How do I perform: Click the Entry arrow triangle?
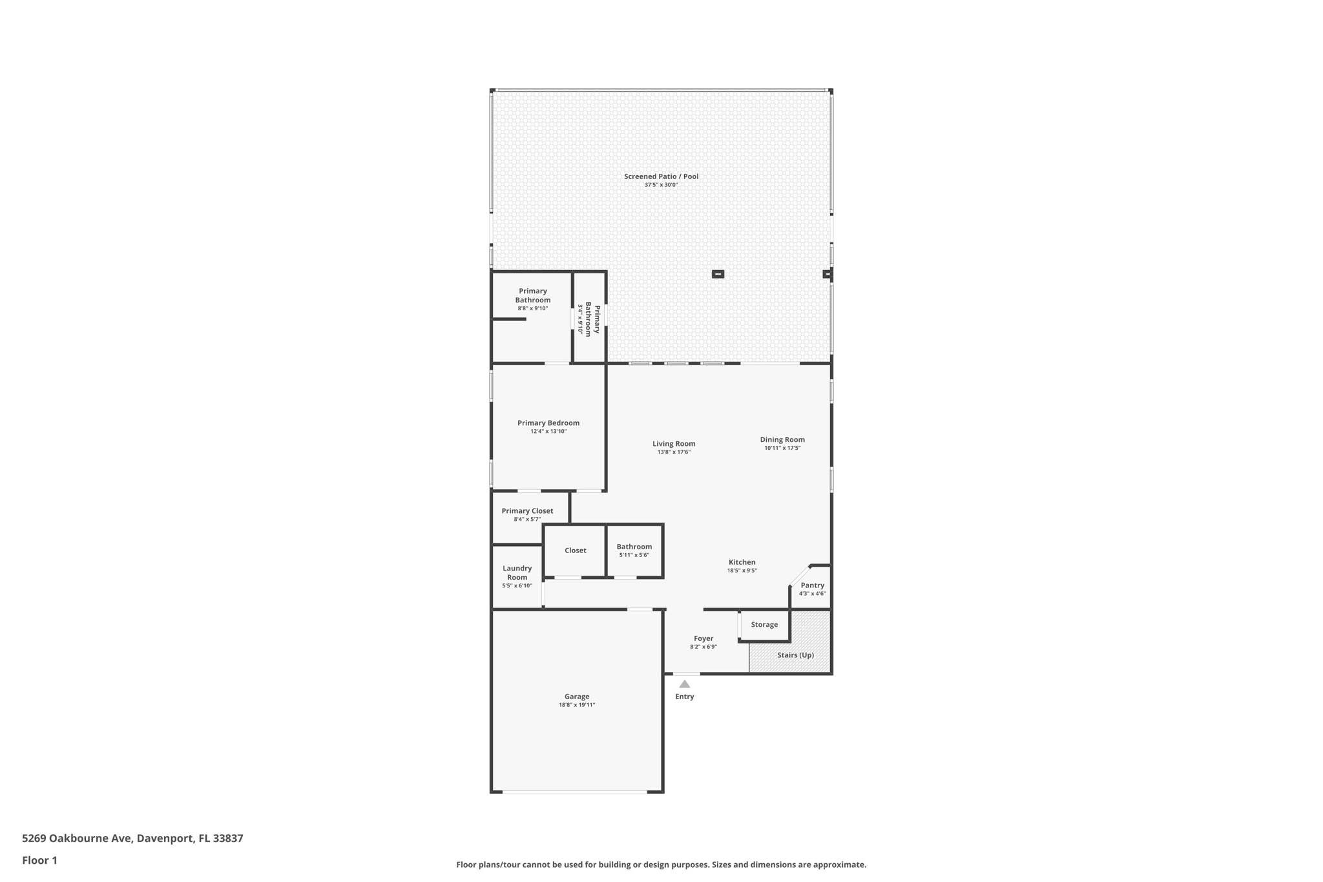(x=684, y=684)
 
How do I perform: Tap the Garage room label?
(x=577, y=697)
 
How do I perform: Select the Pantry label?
(x=812, y=585)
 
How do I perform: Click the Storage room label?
(x=764, y=625)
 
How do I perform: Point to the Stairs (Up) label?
(x=795, y=655)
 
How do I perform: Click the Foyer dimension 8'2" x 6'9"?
(x=703, y=647)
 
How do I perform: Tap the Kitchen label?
(x=742, y=562)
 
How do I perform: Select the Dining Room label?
(x=782, y=440)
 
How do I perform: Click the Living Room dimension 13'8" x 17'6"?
(x=674, y=452)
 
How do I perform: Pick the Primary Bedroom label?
(x=548, y=423)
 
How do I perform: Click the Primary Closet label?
(x=527, y=511)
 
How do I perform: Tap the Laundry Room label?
(x=517, y=573)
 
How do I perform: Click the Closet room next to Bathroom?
(x=575, y=551)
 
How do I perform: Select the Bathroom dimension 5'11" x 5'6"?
(x=634, y=555)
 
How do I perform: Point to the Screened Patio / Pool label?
(x=661, y=176)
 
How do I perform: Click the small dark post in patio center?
(x=718, y=274)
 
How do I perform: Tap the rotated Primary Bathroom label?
(x=592, y=320)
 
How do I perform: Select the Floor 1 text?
(x=39, y=861)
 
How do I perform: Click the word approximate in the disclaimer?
(x=839, y=865)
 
